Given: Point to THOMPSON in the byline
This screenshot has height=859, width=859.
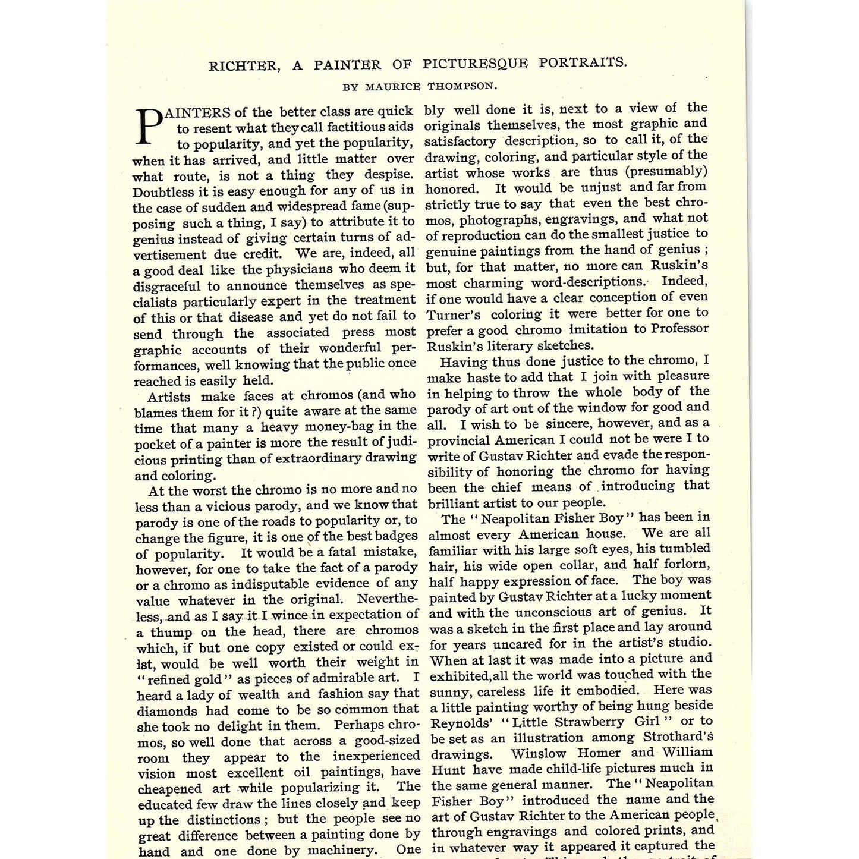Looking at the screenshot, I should [462, 86].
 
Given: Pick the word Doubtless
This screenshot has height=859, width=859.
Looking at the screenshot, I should [163, 192].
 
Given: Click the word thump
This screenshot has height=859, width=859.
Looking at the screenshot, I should [171, 632].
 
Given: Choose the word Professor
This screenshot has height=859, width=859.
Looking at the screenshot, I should [679, 328].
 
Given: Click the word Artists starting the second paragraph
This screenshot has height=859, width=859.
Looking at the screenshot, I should [169, 397].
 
